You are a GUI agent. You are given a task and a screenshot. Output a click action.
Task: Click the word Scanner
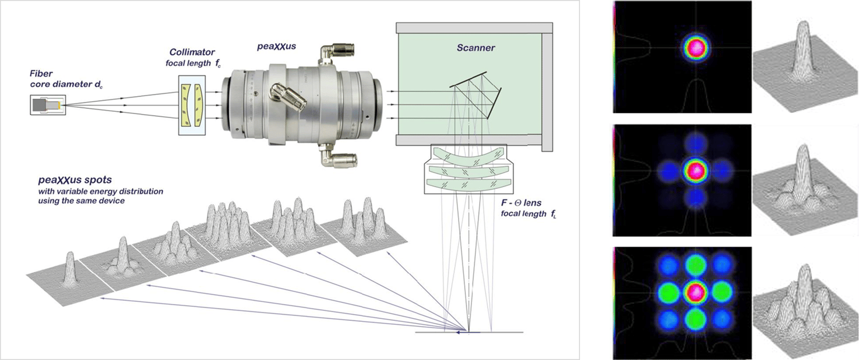pyautogui.click(x=475, y=48)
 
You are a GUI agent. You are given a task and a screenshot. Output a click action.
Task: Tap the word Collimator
pyautogui.click(x=192, y=52)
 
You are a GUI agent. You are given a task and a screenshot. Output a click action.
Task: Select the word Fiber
pyautogui.click(x=41, y=74)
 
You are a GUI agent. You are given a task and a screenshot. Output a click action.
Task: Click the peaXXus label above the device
pyautogui.click(x=276, y=46)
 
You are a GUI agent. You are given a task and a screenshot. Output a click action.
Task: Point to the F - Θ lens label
pyautogui.click(x=521, y=203)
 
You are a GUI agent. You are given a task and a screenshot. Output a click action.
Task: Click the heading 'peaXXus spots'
pyautogui.click(x=75, y=180)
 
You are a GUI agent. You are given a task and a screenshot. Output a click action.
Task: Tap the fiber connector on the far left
pyautogui.click(x=48, y=105)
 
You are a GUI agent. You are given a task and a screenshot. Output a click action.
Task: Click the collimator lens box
pyautogui.click(x=192, y=105)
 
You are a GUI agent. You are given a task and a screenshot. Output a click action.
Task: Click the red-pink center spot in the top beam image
pyautogui.click(x=696, y=48)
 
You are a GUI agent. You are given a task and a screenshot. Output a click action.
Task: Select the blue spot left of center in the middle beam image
pyautogui.click(x=669, y=171)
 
